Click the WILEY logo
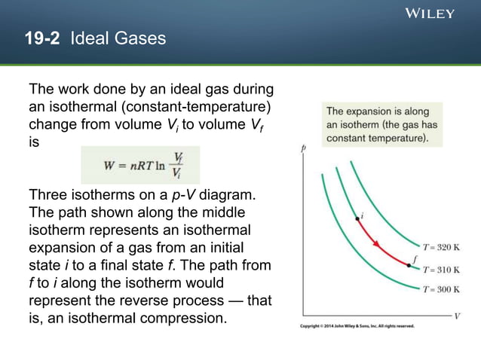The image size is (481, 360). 430,13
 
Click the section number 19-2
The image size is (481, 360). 44,38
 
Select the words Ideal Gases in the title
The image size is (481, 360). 118,38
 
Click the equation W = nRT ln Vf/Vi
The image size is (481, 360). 141,165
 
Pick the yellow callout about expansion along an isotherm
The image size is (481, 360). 381,124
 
